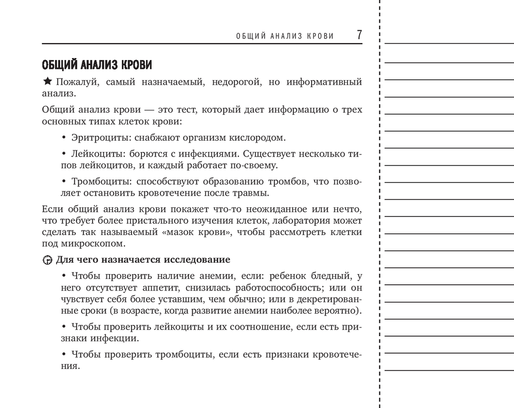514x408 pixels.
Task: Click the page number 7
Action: coord(359,35)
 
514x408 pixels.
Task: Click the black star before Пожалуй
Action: coord(47,82)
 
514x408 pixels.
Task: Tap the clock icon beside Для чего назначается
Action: coord(47,260)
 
